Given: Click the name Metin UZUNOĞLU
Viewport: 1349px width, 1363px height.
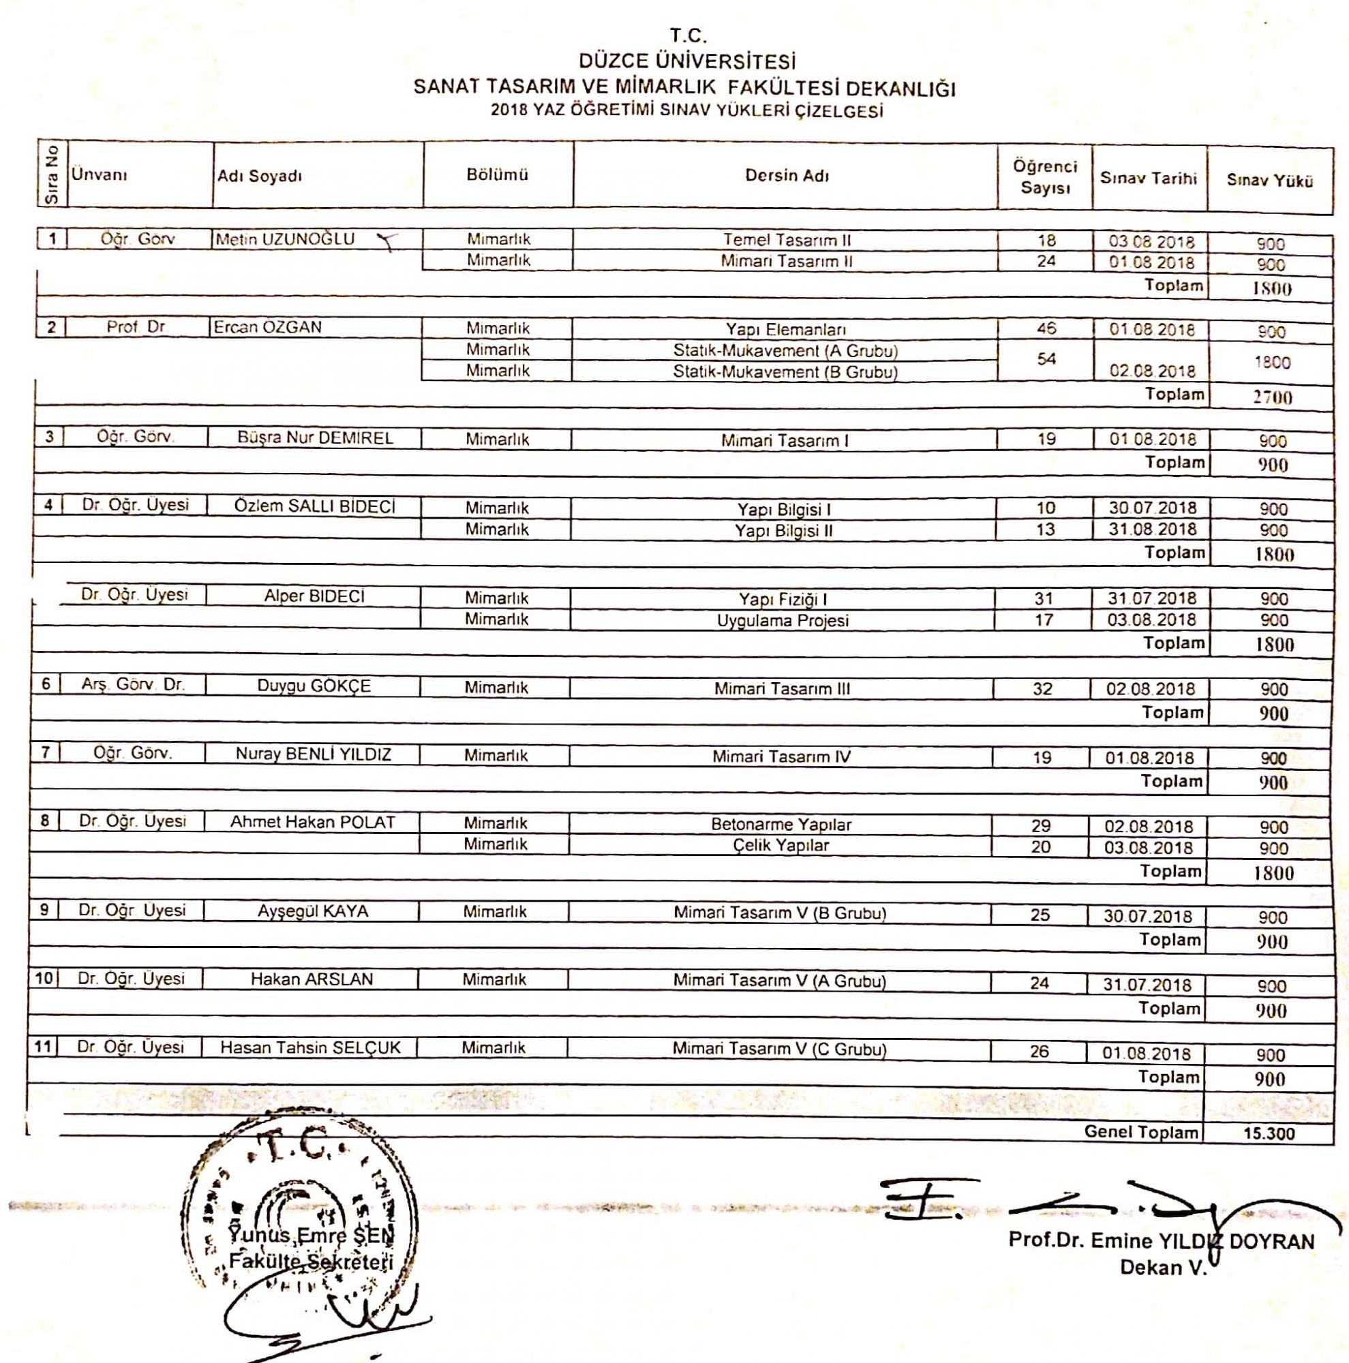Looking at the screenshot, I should point(285,239).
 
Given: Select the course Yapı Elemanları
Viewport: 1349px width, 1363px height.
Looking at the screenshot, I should point(786,329).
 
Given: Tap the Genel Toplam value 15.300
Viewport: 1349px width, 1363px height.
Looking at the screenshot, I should point(1269,1134).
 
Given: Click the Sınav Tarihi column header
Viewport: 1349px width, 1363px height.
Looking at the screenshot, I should point(1149,179).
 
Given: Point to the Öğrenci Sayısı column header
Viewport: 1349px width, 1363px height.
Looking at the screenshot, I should point(1045,177).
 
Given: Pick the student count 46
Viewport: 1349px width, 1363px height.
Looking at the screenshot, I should point(1046,328).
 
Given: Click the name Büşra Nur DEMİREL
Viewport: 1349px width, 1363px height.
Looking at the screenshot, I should point(315,438).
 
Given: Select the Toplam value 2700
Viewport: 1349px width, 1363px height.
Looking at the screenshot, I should point(1272,397).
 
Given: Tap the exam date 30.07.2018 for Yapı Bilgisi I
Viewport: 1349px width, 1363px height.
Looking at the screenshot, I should point(1152,508).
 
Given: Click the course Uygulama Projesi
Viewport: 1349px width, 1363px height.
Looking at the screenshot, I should point(783,621).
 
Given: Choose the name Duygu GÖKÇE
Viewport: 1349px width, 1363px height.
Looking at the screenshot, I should point(314,686).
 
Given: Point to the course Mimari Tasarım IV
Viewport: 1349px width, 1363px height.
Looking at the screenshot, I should point(781,757).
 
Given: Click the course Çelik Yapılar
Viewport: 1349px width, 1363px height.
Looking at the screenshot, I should point(780,845).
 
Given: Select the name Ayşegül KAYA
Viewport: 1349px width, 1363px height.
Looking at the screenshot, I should point(313,910).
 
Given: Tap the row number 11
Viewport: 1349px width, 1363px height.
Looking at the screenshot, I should point(44,1046).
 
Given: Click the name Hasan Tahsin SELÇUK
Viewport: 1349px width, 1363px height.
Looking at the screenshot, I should point(310,1047).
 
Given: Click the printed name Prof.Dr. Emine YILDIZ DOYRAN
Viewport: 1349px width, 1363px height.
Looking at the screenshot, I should point(1162,1241).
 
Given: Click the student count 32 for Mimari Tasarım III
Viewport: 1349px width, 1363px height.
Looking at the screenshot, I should point(1042,688).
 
